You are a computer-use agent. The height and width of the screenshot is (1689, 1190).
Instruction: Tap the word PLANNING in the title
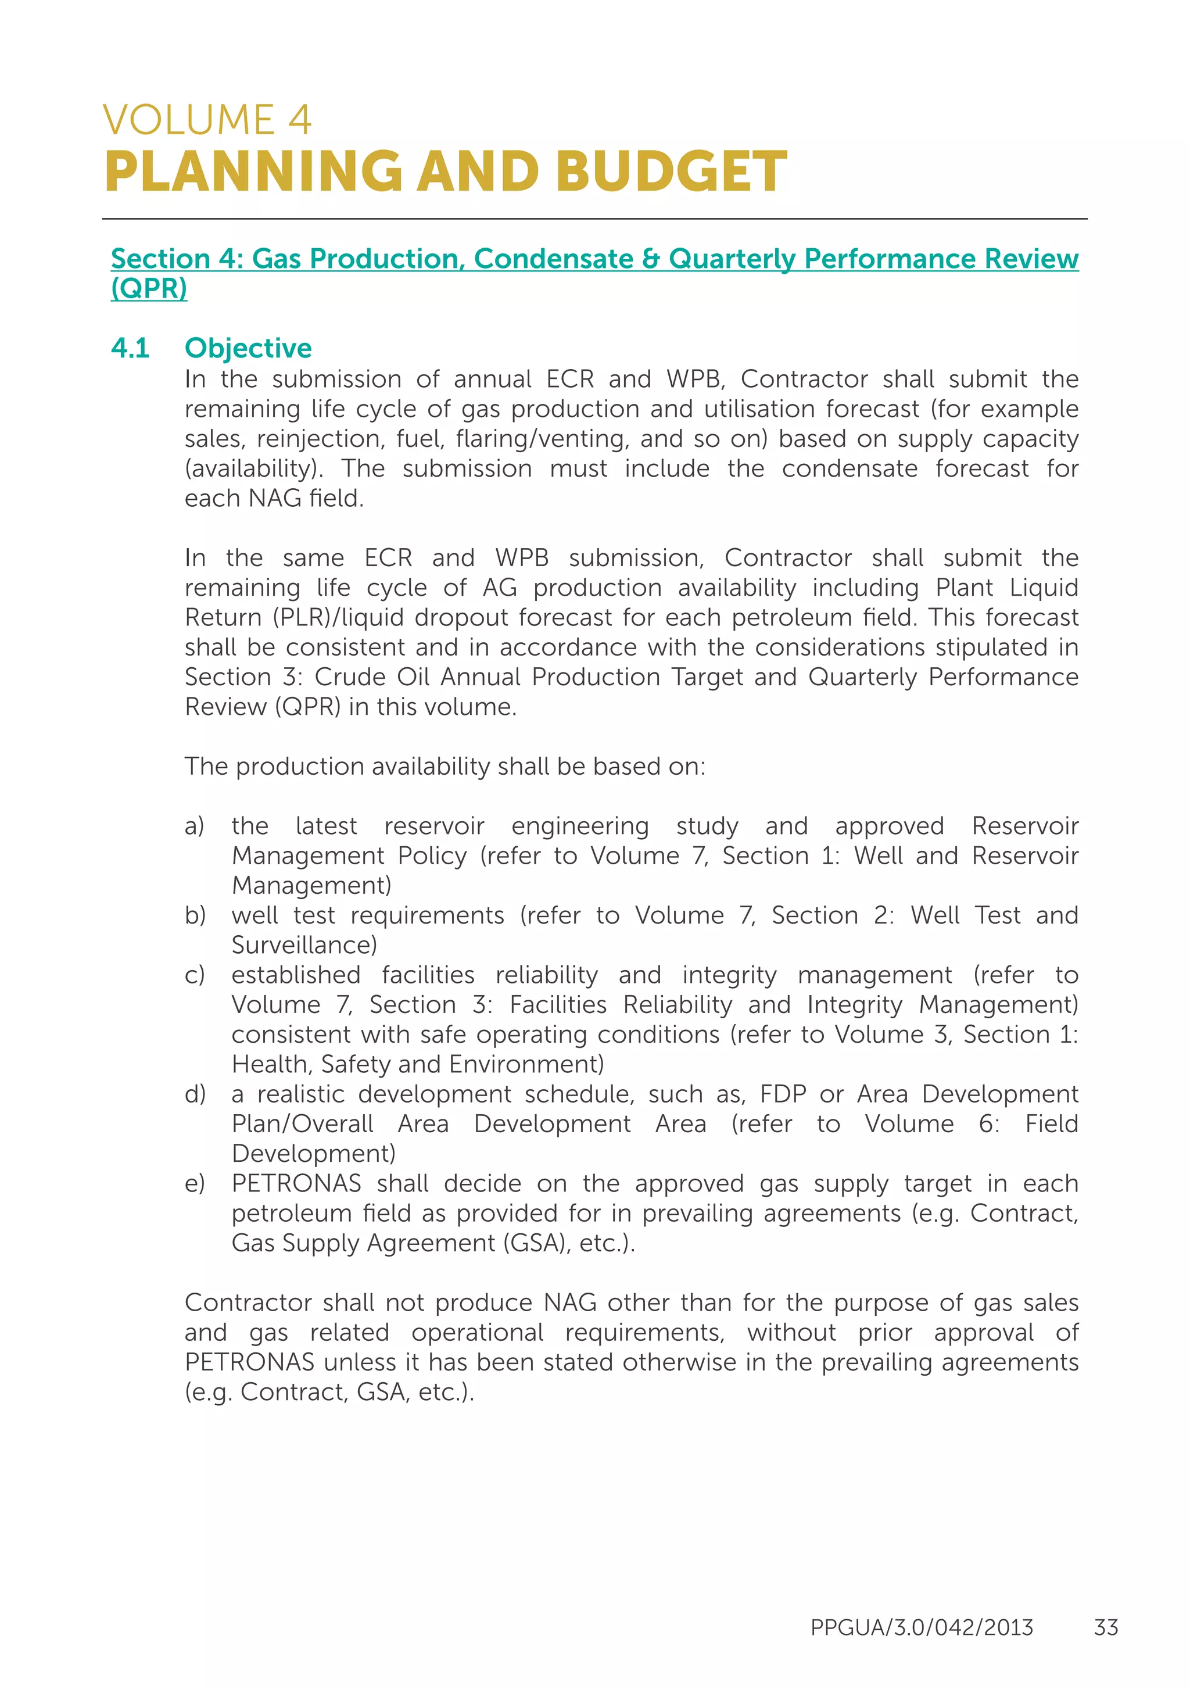(x=254, y=172)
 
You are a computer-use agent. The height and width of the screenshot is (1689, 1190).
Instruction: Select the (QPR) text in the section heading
(x=149, y=288)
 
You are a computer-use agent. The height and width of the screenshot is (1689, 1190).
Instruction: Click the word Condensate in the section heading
(x=553, y=259)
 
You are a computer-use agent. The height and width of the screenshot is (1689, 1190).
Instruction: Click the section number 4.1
(x=130, y=348)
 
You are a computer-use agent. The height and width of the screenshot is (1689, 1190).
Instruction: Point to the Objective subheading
(x=248, y=348)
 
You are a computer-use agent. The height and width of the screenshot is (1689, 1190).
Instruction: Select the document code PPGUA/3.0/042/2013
(x=922, y=1627)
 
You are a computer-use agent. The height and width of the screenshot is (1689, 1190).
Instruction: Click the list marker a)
(x=195, y=826)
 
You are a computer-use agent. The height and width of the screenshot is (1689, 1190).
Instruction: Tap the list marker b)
(x=195, y=916)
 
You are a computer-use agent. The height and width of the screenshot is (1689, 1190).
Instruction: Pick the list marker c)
(x=195, y=975)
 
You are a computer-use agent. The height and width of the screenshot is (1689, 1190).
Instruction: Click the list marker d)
(x=195, y=1094)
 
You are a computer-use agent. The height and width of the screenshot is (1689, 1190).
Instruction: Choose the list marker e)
(x=195, y=1183)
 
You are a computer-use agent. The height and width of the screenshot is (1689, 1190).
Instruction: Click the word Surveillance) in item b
(x=304, y=945)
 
